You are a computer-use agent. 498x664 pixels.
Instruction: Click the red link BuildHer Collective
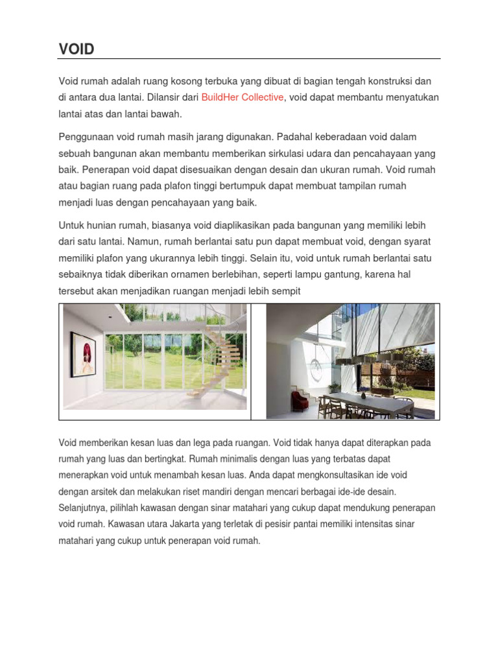pos(243,97)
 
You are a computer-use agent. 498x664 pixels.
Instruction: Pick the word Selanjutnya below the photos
pos(86,508)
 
